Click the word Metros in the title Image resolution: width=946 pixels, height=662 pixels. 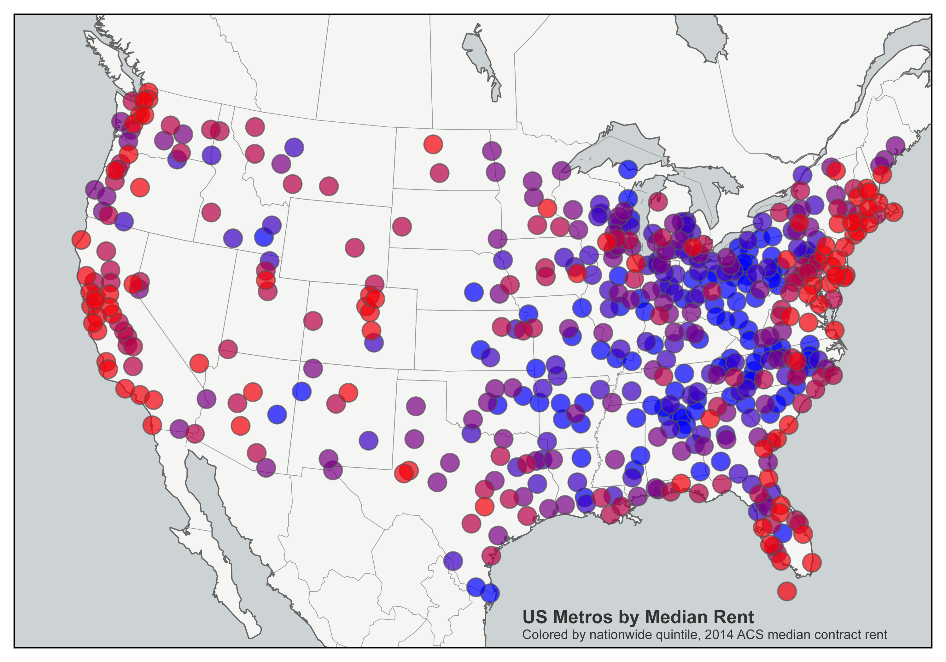point(582,617)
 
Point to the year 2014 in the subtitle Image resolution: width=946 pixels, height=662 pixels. point(719,635)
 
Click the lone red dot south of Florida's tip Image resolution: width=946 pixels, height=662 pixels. point(786,591)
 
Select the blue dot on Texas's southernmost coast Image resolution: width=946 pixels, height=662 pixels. point(490,593)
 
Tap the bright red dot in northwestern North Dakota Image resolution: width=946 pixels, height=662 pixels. point(433,144)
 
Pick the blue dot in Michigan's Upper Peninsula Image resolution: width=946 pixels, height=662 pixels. point(628,169)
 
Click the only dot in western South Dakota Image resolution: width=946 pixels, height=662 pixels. point(402,226)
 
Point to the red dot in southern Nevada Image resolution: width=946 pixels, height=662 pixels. point(199,363)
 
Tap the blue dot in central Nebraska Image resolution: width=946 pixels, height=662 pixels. point(473,292)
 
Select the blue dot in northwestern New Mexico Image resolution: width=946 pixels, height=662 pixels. point(301,391)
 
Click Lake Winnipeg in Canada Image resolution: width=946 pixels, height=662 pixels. point(481,62)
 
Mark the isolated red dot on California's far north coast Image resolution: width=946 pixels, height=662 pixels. point(81,239)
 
